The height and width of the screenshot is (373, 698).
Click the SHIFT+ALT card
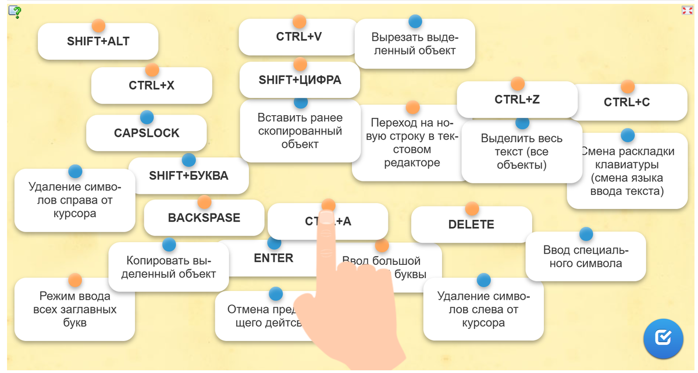pyautogui.click(x=98, y=42)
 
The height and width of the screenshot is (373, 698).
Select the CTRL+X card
pyautogui.click(x=151, y=86)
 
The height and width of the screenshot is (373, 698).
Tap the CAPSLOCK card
pyautogui.click(x=147, y=133)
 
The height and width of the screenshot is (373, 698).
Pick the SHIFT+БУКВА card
pyautogui.click(x=188, y=176)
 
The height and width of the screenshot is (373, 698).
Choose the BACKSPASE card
pyautogui.click(x=204, y=218)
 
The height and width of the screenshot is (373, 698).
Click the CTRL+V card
pyautogui.click(x=298, y=37)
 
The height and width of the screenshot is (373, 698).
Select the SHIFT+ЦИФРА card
pyautogui.click(x=300, y=80)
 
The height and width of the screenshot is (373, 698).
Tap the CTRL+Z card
pyautogui.click(x=517, y=100)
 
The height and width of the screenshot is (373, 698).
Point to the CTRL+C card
pyautogui.click(x=626, y=103)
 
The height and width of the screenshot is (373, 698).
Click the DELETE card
pyautogui.click(x=471, y=225)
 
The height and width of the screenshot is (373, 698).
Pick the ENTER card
pyautogui.click(x=273, y=259)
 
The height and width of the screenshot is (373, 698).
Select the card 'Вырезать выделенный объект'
pyautogui.click(x=415, y=44)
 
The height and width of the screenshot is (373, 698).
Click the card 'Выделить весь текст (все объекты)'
pyautogui.click(x=522, y=152)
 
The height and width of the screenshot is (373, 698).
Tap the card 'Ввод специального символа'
pyautogui.click(x=586, y=257)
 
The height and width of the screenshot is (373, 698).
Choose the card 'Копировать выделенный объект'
pyautogui.click(x=169, y=268)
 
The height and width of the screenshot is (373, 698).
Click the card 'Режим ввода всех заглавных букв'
pyautogui.click(x=74, y=310)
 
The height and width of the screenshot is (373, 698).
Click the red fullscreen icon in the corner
pyautogui.click(x=686, y=10)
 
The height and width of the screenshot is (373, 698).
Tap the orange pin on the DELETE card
pyautogui.click(x=472, y=208)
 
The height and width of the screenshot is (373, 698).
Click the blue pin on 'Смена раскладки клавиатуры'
pyautogui.click(x=627, y=135)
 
